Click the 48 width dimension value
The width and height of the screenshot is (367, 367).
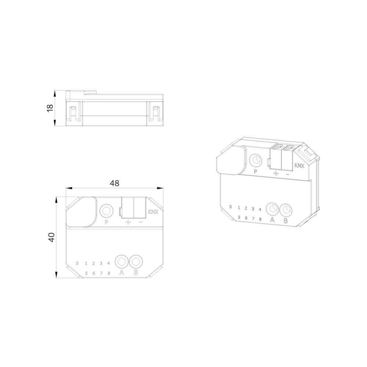[115, 183]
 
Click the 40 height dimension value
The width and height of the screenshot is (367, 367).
[51, 237]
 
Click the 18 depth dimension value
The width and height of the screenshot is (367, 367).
[50, 108]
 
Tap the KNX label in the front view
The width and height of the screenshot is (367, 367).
[153, 212]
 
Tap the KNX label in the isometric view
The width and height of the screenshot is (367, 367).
[299, 166]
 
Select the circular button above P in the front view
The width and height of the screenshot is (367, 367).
[106, 211]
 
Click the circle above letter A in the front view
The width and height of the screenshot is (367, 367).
[121, 261]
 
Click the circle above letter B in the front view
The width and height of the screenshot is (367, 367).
[136, 261]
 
